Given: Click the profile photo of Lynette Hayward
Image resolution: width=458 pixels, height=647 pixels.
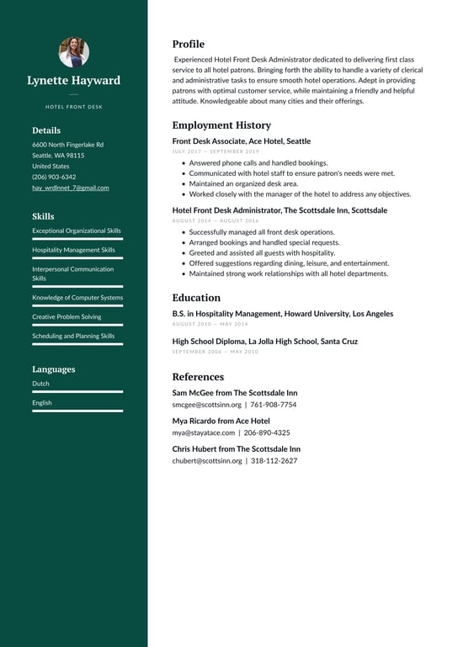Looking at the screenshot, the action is [73, 52].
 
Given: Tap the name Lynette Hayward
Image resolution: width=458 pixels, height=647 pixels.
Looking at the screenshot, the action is [73, 81].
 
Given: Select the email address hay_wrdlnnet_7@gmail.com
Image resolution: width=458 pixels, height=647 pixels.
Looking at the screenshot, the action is [70, 188].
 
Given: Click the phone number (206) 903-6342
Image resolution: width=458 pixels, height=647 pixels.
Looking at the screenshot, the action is [54, 177].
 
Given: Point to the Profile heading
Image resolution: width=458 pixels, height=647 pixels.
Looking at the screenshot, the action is [188, 44].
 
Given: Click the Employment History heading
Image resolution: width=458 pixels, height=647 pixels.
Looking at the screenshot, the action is [221, 125].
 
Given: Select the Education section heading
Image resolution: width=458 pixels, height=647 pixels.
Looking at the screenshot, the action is [196, 297].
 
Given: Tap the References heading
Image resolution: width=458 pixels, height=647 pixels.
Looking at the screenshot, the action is [198, 376].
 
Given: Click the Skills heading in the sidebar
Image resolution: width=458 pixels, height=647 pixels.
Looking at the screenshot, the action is [43, 216].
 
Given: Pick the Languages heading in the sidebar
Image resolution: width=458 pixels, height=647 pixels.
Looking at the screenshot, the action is [53, 369].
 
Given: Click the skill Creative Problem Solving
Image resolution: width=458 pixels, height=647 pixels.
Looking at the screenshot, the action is [67, 316].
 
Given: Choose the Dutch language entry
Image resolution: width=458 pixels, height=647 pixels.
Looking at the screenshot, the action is [40, 383].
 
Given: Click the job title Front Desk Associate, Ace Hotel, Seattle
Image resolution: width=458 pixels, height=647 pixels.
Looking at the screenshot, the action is [241, 141].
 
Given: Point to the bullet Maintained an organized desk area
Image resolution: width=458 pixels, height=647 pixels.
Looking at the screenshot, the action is [243, 183].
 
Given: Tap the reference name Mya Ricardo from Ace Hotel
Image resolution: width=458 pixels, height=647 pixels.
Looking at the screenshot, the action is [221, 421].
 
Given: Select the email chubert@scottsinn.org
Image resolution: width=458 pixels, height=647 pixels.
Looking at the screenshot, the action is [207, 460].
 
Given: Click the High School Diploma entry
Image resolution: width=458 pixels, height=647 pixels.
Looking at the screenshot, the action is [264, 341].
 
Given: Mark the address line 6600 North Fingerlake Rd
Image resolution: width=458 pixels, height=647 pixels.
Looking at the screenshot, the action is [67, 145].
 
